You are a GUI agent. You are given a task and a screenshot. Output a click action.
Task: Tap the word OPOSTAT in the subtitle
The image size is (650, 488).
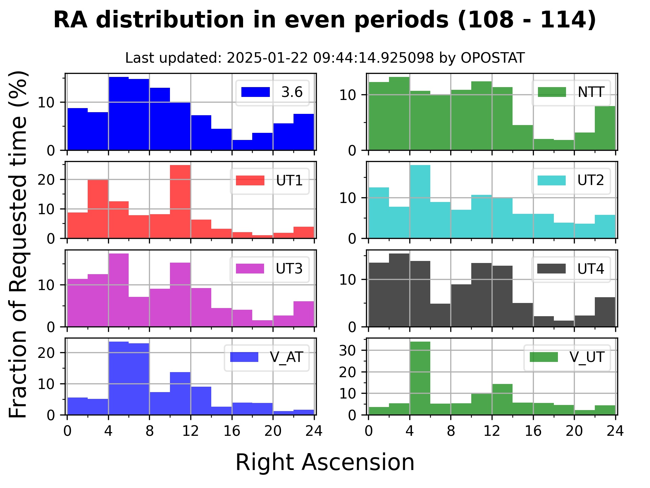pos(493,58)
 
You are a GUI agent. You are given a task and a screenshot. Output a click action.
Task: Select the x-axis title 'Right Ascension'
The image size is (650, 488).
pos(325,462)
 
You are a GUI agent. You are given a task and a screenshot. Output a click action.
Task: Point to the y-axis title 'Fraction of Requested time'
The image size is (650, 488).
pos(18,244)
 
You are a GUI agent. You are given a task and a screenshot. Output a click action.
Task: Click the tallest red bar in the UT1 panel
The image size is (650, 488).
pos(180,202)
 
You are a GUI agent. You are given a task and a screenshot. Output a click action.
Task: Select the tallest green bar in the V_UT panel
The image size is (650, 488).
pos(420,378)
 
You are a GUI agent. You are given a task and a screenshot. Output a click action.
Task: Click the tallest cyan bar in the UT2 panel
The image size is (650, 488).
pos(420,202)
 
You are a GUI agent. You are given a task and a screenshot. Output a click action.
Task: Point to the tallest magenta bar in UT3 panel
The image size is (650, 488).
pos(118,290)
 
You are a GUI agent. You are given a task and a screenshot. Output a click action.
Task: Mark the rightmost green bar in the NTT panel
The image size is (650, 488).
pos(605,128)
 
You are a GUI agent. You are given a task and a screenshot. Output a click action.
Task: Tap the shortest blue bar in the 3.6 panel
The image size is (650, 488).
pos(242,145)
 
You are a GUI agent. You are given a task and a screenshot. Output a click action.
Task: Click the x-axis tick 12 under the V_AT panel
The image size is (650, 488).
pos(190,431)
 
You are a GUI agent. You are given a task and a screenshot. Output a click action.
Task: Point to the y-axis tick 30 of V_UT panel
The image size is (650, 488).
pos(347,350)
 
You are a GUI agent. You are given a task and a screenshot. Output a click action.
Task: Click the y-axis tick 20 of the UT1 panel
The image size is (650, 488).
pos(46,180)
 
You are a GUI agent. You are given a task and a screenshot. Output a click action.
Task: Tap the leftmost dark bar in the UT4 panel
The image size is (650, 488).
pos(379,294)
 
